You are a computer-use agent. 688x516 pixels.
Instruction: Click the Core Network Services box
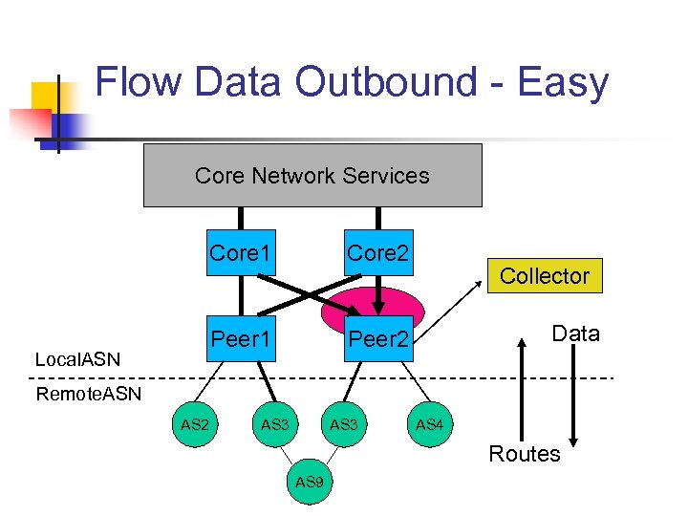(x=312, y=176)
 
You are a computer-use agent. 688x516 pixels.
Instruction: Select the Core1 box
(x=241, y=252)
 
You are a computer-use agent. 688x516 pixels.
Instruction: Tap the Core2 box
(x=377, y=252)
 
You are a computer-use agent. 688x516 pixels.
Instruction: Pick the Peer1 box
(x=241, y=338)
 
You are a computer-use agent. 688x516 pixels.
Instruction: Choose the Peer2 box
(x=377, y=338)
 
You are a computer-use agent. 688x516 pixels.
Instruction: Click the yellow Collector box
(x=545, y=275)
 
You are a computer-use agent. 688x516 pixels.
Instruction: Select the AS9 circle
(x=310, y=482)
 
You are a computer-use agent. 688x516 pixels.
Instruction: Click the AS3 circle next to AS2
(x=274, y=423)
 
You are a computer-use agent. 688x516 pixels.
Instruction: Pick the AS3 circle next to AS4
(x=344, y=423)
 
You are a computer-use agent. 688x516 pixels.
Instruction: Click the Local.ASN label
(x=77, y=359)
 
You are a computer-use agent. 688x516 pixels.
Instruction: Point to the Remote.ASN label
(x=88, y=394)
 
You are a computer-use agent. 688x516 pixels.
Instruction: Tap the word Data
(x=575, y=333)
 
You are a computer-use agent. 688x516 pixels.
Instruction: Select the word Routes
(x=524, y=454)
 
